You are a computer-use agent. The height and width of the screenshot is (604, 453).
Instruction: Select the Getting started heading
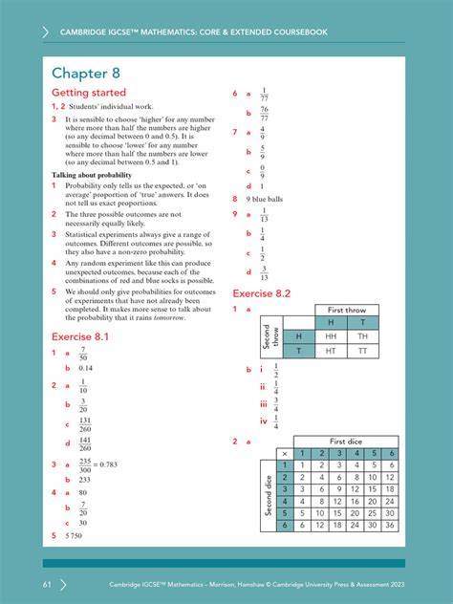click(x=88, y=94)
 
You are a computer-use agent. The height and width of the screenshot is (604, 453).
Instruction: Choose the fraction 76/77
click(x=265, y=114)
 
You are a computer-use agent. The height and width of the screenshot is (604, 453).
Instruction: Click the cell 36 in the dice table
click(x=390, y=525)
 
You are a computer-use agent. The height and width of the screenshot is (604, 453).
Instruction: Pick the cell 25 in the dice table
click(x=371, y=512)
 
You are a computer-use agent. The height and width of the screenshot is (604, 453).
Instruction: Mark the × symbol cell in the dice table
click(x=283, y=453)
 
